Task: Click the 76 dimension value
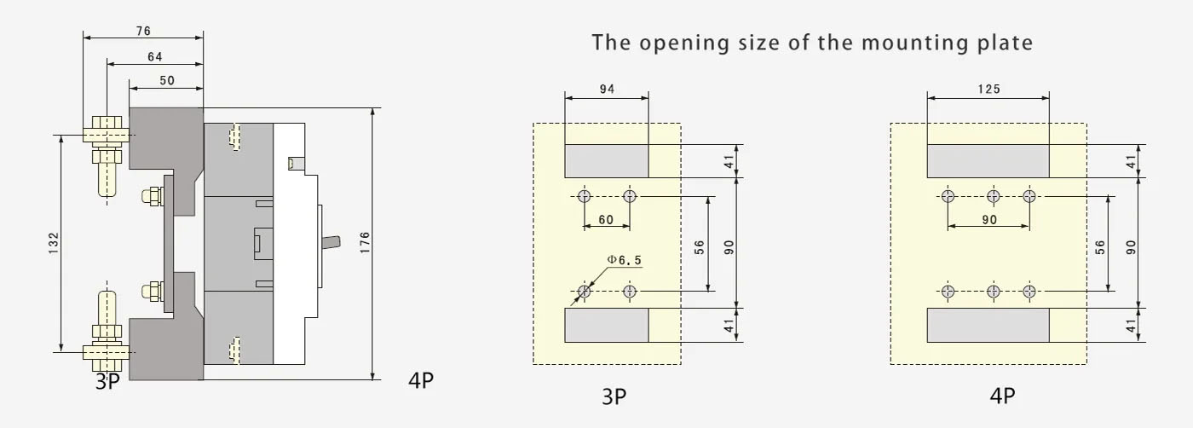[x=143, y=31]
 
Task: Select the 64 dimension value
[x=155, y=57]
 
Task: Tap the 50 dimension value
[x=167, y=80]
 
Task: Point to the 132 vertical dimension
[x=54, y=243]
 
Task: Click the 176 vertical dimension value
[x=365, y=242]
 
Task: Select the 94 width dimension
[x=607, y=89]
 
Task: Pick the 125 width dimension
[x=989, y=89]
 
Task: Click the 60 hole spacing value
[x=606, y=220]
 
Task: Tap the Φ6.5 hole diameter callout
[x=624, y=260]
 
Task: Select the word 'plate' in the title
[x=1005, y=43]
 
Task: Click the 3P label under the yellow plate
[x=614, y=396]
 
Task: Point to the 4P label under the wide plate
[x=1002, y=396]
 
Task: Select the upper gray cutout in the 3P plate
[x=607, y=161]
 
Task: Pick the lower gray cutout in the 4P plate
[x=988, y=325]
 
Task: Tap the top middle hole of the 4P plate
[x=994, y=196]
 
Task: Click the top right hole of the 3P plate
[x=630, y=196]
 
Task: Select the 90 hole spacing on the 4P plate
[x=989, y=220]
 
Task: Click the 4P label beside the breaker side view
[x=421, y=380]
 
